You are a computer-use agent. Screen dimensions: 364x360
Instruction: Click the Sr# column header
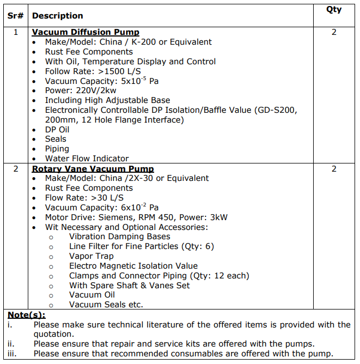(x=15, y=16)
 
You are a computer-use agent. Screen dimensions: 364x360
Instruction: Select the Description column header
(x=58, y=16)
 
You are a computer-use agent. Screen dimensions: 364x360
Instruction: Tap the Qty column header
(x=334, y=10)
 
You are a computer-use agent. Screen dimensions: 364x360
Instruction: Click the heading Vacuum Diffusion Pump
(x=86, y=32)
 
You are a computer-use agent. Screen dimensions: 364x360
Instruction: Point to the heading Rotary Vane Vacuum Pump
(x=93, y=169)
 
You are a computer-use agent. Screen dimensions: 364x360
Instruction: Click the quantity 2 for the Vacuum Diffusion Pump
(x=334, y=32)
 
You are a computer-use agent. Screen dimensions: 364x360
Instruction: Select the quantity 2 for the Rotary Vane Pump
(x=334, y=169)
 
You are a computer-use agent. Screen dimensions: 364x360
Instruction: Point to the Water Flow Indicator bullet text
(x=87, y=159)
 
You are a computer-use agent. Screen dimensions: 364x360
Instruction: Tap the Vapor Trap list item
(x=91, y=256)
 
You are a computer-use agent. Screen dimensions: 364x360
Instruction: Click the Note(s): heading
(x=27, y=315)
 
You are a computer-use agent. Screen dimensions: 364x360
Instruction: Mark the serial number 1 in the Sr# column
(x=15, y=32)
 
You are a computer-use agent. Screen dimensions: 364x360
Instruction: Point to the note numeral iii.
(x=11, y=354)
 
